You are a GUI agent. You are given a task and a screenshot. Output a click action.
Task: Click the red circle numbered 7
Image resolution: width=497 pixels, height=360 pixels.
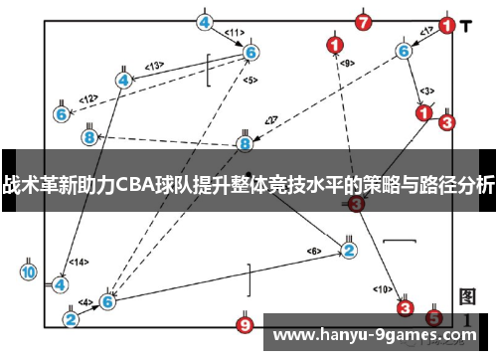click(x=364, y=21)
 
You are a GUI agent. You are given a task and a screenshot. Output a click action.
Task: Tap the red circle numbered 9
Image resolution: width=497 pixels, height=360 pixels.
click(x=246, y=324)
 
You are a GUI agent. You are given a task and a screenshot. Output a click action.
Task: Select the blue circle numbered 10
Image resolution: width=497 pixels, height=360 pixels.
click(x=29, y=271)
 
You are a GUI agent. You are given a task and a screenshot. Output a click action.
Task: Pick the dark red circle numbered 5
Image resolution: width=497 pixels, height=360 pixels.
click(x=433, y=318)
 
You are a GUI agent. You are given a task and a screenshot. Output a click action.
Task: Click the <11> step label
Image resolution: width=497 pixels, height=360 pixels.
click(x=235, y=33)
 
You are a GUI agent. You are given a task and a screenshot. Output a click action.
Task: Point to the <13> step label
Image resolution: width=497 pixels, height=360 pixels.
click(x=154, y=66)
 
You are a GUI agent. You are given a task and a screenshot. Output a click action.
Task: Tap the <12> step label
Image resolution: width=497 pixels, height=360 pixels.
click(x=88, y=98)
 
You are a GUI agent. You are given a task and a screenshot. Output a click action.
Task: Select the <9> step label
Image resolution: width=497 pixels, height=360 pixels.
click(x=346, y=63)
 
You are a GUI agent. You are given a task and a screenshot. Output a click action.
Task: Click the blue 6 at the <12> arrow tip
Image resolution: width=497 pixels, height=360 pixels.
click(x=62, y=114)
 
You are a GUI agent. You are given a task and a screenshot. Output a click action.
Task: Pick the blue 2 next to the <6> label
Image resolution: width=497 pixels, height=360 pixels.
click(x=349, y=250)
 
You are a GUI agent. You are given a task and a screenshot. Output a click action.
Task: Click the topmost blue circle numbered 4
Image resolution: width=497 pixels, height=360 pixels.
click(x=204, y=21)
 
